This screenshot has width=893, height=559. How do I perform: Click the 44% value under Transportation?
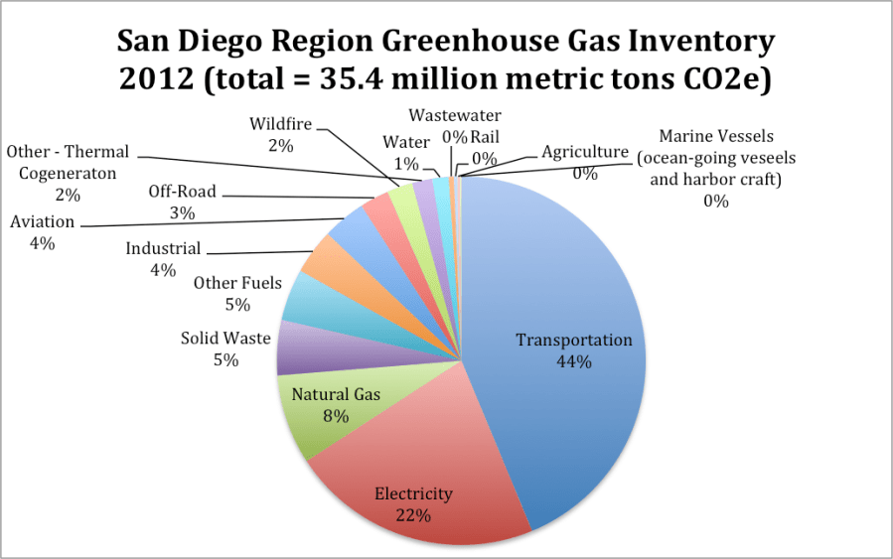(573, 362)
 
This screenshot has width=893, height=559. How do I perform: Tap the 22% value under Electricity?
(412, 515)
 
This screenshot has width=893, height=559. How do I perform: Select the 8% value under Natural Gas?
(335, 416)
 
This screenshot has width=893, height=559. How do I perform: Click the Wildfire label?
(280, 124)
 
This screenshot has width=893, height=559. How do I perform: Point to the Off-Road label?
(182, 192)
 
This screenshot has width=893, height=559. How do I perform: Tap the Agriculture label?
(585, 152)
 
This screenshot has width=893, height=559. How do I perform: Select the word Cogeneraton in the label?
(62, 173)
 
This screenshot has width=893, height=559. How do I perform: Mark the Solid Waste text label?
(225, 339)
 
